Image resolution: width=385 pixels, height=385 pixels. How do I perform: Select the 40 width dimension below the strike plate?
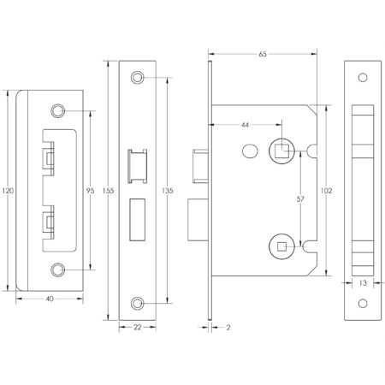pos(50,299)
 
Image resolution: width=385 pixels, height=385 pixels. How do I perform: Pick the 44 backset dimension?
pos(246,125)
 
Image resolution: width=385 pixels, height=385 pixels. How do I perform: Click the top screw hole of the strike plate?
pos(58,111)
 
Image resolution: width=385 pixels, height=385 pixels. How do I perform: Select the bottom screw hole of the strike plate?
pos(58,269)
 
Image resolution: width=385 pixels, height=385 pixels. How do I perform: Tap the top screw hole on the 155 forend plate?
pos(138,78)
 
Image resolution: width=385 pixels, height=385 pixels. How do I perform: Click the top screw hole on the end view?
pos(362,78)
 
